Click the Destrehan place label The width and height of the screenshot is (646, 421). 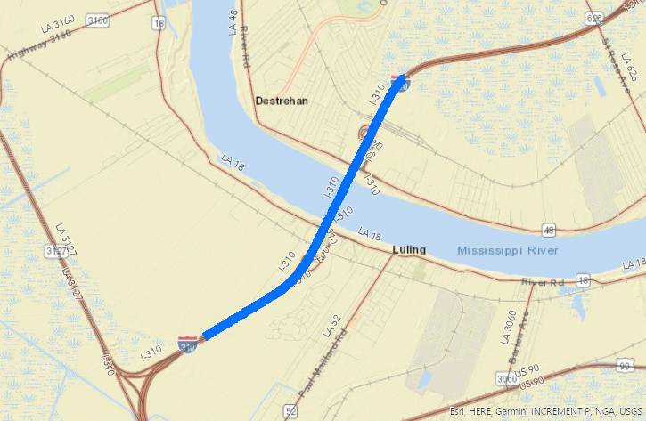tap(282, 101)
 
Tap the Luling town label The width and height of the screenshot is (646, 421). tap(409, 250)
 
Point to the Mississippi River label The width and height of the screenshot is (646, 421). tap(508, 251)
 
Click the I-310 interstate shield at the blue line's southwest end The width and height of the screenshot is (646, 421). tap(187, 344)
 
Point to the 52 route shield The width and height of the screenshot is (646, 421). tap(290, 410)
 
